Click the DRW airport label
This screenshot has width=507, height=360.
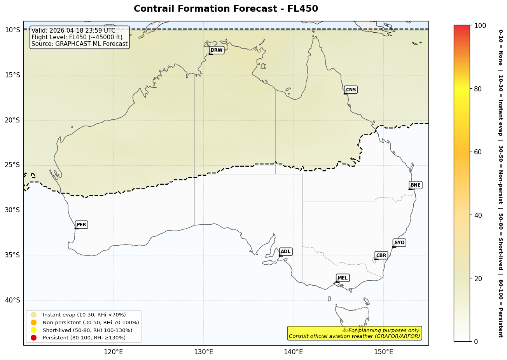pos(217,50)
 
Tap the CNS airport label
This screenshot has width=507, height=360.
pos(351,90)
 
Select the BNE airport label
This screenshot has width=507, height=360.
pos(415,185)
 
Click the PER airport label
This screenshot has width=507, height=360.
pos(81,225)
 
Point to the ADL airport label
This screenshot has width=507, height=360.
pos(285,252)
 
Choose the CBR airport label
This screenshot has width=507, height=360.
pos(381,255)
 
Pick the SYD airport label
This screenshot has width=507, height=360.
pos(399,243)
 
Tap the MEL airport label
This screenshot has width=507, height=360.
pos(343,278)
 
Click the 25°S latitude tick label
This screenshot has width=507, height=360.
pos(12,165)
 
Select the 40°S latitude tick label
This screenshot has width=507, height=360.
pos(12,300)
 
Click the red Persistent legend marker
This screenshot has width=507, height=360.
pos(34,337)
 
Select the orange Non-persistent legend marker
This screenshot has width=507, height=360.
pos(34,322)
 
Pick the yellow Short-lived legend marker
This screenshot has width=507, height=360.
pos(34,330)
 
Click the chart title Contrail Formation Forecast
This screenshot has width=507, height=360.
pos(226,9)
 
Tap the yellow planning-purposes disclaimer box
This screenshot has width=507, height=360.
pos(354,333)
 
